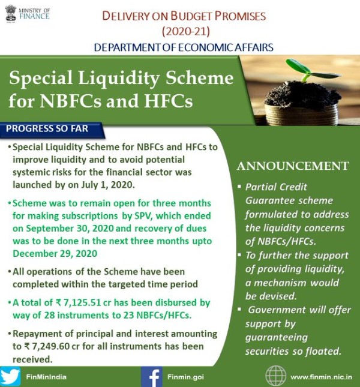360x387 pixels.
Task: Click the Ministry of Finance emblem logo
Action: point(11,13)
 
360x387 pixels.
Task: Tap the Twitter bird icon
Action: point(11,377)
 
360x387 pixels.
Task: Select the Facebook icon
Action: point(152,377)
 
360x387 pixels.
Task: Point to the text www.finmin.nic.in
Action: point(321,377)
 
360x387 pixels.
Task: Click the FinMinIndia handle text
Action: point(46,377)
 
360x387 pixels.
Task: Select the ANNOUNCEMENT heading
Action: point(293,166)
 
